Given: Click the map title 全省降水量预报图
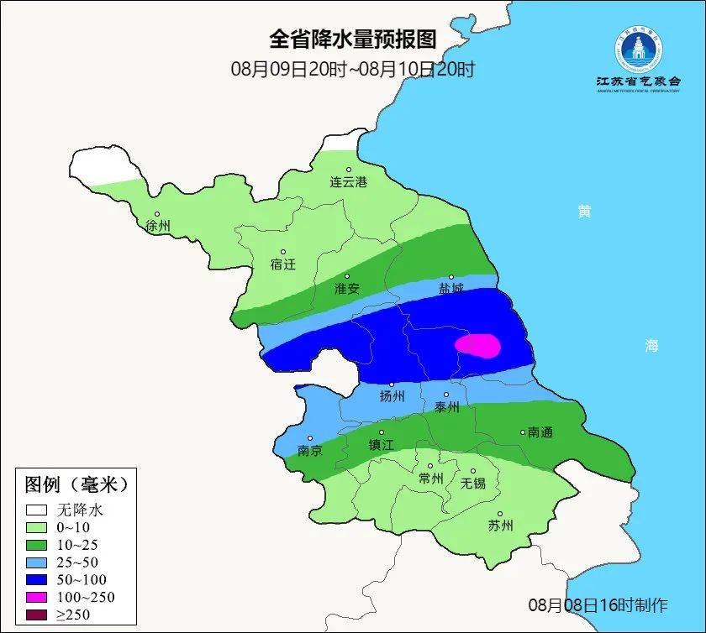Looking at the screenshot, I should pos(352,39).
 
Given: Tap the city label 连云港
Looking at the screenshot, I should pos(348,181).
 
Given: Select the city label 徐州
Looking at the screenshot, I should pos(158,226).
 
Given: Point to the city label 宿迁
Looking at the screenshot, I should pos(283,264).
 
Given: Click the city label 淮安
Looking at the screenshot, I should pos(347,288).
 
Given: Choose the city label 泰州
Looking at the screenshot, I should pos(447,406).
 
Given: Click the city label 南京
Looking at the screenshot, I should pos(310,450).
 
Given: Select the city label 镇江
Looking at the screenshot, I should pos(382,445).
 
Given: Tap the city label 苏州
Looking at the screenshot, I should pos(500,526).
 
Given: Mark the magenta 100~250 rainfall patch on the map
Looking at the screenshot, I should pos(477,345).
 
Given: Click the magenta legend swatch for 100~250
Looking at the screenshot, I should pos(36,597).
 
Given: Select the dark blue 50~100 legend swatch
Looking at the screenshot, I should pos(36,579).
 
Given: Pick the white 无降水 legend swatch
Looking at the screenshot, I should pos(36,510).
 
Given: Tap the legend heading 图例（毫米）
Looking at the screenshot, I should pos(75,484).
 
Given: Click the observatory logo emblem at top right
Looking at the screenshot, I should pos(638,50).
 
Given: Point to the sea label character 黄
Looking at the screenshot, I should pos(583,212).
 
